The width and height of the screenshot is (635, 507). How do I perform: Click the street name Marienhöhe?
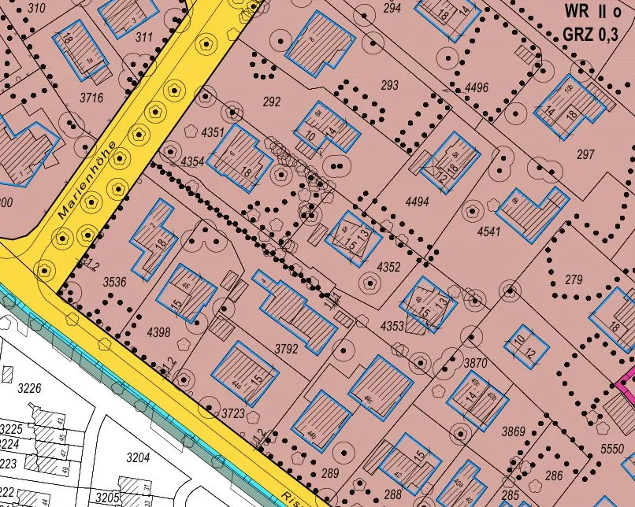click(87, 180)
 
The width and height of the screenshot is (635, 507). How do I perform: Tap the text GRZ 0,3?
click(596, 35)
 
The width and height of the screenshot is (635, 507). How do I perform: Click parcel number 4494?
click(417, 202)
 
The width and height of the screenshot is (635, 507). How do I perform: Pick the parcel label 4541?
click(488, 232)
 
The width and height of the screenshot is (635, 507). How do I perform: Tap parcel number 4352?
click(389, 267)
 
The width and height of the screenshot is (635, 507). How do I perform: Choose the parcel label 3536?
click(115, 281)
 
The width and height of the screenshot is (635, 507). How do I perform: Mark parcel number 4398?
click(158, 332)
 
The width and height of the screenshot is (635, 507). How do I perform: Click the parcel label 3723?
click(233, 413)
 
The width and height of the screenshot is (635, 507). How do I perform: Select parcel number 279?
click(574, 279)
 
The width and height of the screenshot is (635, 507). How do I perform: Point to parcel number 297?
click(585, 154)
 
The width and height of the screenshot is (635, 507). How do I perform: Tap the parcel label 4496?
click(477, 87)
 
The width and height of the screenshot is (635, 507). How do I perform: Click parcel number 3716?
click(91, 98)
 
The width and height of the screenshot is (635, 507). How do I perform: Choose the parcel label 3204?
click(138, 457)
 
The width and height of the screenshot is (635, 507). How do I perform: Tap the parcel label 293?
click(389, 85)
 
